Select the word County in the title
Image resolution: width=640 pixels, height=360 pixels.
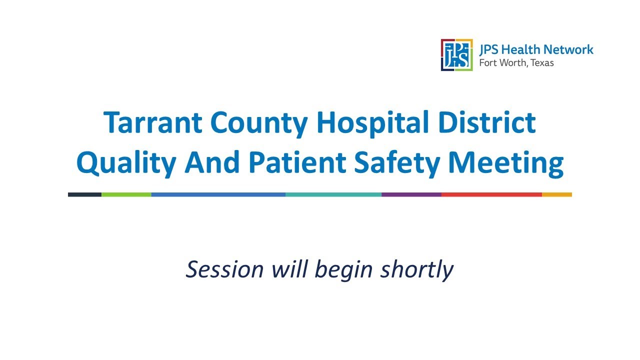pos(258,123)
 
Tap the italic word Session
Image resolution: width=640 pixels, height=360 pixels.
pos(224,269)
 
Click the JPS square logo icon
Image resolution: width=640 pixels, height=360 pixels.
pos(456,55)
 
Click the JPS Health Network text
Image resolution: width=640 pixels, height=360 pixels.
pos(536,49)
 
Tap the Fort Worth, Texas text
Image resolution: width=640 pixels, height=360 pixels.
pos(516,63)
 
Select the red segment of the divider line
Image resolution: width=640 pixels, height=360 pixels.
pos(491,194)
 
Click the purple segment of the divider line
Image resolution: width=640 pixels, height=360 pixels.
pos(411,194)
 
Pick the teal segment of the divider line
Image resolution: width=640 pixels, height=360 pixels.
pos(333,194)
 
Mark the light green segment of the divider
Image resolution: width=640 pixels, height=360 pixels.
pos(126,194)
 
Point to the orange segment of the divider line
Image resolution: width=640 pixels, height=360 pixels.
pos(556,194)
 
